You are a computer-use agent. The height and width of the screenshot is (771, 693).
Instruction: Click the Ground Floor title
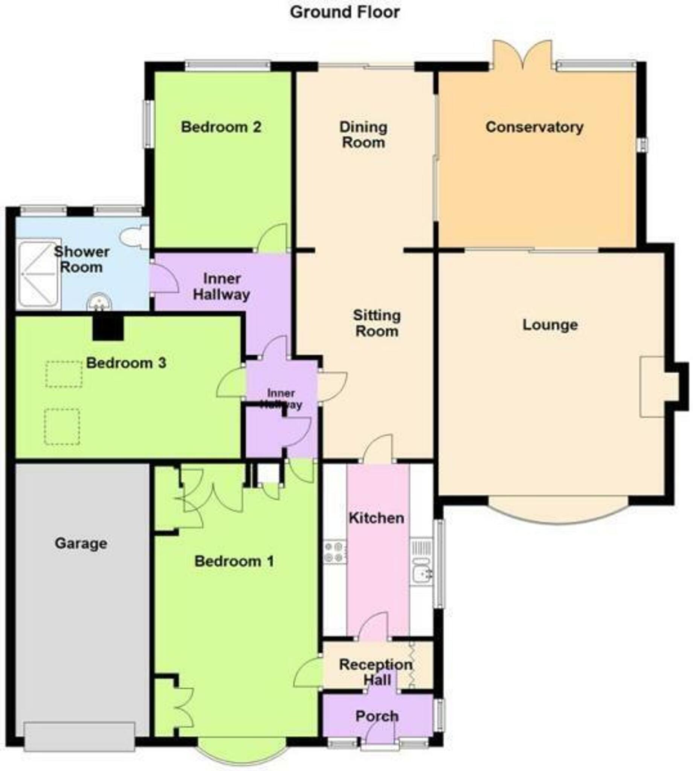(x=345, y=12)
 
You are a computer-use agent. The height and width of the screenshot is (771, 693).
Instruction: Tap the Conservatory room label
(x=534, y=127)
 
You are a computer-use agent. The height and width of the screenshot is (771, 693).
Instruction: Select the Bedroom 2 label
(x=221, y=127)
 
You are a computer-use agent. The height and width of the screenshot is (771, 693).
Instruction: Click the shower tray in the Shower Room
(x=39, y=273)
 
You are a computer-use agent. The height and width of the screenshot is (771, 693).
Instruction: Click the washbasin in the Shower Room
(x=99, y=303)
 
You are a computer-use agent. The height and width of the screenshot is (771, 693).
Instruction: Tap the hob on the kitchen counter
(x=335, y=552)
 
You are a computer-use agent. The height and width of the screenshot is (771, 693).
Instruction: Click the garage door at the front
(x=79, y=737)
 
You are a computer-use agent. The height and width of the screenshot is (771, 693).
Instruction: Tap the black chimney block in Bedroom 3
(x=108, y=328)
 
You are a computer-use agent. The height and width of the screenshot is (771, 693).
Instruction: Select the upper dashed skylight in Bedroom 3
(x=64, y=375)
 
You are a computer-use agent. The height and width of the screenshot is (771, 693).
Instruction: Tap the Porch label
(x=377, y=716)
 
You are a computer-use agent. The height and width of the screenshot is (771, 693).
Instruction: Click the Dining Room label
(x=363, y=135)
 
